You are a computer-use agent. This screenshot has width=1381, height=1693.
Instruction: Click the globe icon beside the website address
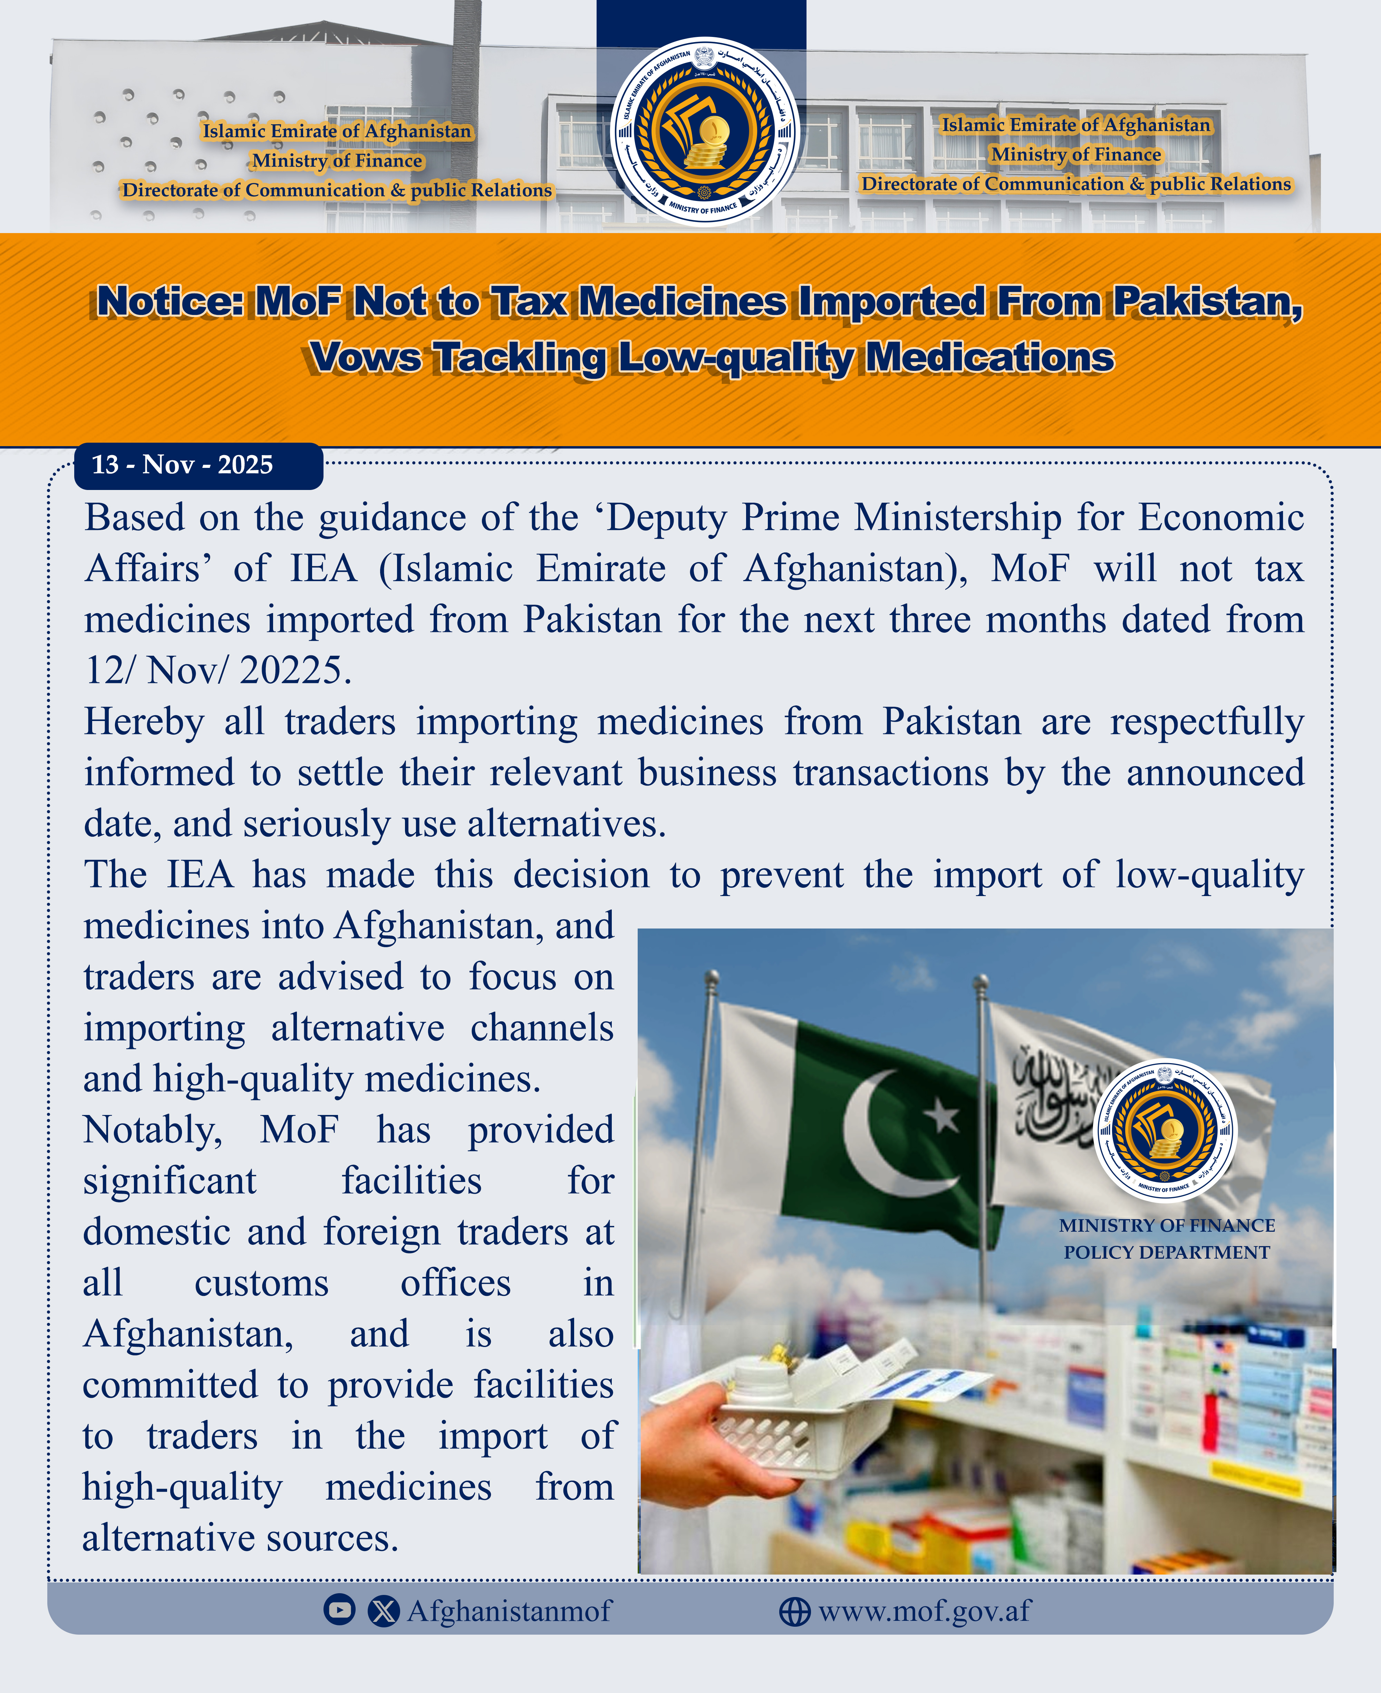(x=794, y=1611)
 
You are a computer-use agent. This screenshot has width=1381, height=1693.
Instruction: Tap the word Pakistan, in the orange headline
(x=1207, y=302)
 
